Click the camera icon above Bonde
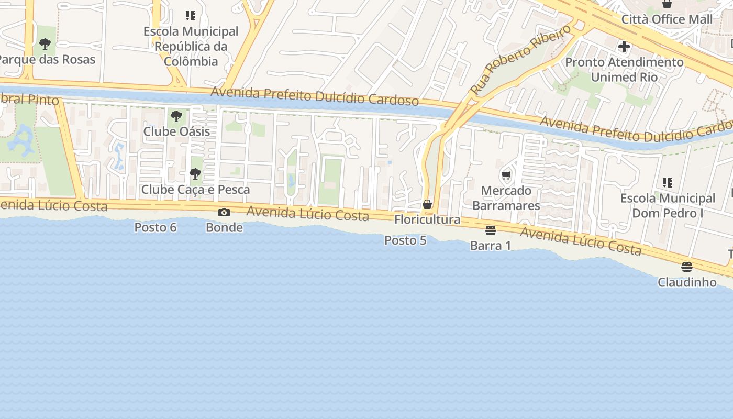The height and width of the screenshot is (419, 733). (224, 212)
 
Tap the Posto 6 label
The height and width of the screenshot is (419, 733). (156, 227)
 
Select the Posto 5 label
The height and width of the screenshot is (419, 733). (405, 240)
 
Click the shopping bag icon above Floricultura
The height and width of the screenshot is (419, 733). (427, 204)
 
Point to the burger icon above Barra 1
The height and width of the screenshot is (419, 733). (491, 230)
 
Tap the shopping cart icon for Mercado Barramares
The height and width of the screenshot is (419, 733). (506, 175)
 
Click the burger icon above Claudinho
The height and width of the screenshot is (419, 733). (687, 267)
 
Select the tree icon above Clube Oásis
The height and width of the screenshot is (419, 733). (176, 116)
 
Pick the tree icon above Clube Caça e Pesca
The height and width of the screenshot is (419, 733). (195, 174)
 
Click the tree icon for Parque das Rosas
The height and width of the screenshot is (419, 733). (45, 44)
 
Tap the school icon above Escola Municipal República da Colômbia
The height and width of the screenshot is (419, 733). (191, 16)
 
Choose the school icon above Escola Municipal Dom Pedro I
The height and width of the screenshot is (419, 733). (667, 183)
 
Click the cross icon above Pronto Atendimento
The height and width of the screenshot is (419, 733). (624, 47)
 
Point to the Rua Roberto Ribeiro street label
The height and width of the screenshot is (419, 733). (520, 60)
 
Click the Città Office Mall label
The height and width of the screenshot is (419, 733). (667, 19)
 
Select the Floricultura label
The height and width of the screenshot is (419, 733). (427, 219)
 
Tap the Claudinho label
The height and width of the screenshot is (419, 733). (687, 282)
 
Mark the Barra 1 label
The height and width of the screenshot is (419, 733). (491, 246)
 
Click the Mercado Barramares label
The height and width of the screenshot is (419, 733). (506, 198)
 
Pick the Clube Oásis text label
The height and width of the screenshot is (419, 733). (176, 131)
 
